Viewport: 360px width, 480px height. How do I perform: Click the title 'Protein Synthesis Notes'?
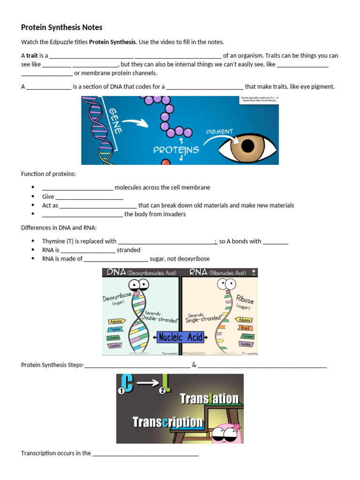61,28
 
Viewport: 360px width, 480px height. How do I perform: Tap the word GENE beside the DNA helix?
117,121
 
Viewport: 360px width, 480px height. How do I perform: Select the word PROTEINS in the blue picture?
176,150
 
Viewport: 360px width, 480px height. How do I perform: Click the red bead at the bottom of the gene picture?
165,162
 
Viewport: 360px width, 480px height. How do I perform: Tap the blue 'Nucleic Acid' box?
180,337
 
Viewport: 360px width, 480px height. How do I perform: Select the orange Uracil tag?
245,328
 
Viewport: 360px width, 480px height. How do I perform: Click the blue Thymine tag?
115,330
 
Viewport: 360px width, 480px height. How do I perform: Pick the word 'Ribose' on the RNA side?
245,300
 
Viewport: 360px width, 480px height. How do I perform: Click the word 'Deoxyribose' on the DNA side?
117,297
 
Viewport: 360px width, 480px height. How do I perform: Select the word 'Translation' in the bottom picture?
209,399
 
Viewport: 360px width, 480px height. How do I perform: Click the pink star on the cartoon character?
236,426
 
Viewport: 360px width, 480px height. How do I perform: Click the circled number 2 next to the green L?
162,390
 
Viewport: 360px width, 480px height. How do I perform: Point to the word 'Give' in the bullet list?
48,196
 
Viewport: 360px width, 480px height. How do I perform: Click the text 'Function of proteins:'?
48,174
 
